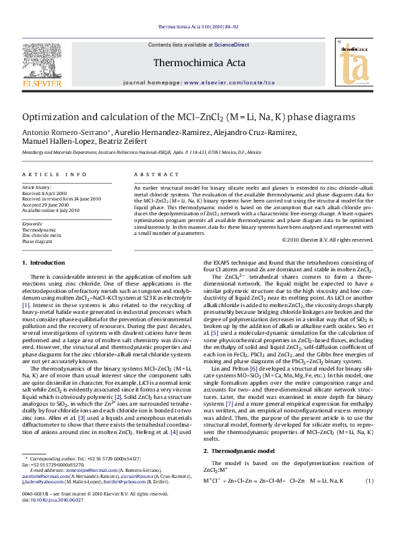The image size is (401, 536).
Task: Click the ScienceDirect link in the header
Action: [231, 45]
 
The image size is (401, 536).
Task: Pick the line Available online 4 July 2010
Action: [51, 210]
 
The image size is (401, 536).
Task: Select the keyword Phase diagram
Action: [37, 240]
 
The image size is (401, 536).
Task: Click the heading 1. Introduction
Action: [44, 263]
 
